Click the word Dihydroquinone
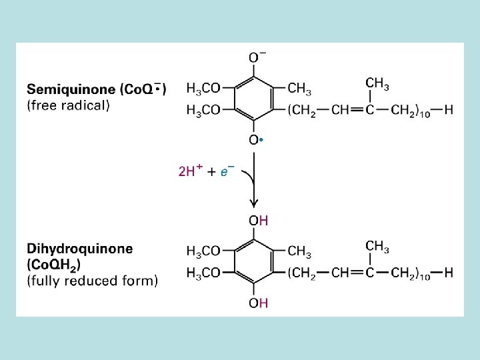(80, 248)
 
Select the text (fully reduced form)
(93, 281)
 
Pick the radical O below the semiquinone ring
(255, 140)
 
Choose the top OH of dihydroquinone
(258, 221)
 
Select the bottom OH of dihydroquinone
(258, 303)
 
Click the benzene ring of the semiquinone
(254, 99)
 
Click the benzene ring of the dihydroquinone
(254, 262)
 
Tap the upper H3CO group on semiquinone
(203, 88)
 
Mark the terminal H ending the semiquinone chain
(448, 110)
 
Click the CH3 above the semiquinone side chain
(377, 83)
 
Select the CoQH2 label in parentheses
(54, 265)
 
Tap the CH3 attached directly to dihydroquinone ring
(299, 251)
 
